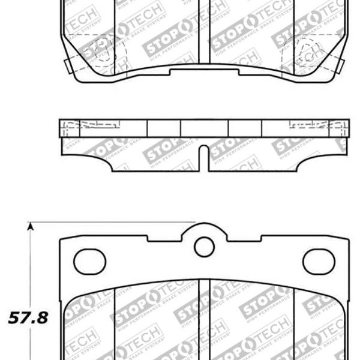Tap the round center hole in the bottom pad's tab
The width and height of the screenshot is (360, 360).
pyautogui.click(x=204, y=246)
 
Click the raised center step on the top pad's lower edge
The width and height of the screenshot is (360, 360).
pyautogui.click(x=204, y=72)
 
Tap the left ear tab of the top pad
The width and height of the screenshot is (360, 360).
pyautogui.click(x=64, y=63)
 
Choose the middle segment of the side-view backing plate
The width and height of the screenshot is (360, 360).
pyautogui.click(x=204, y=127)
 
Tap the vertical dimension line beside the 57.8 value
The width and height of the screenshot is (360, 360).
pyautogui.click(x=29, y=270)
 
